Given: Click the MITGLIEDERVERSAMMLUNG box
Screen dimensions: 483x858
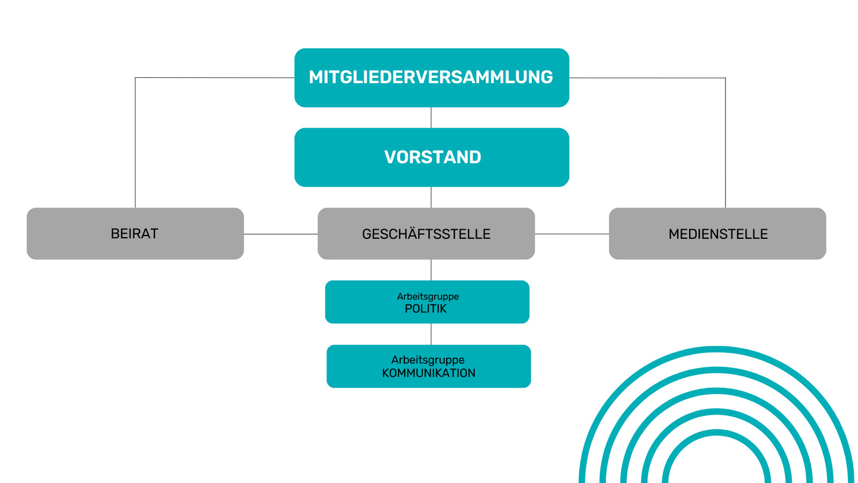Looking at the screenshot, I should pos(432,78).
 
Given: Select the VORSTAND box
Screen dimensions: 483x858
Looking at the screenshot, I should pos(432,157).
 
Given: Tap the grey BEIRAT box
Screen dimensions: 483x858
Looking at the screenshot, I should pos(135,233).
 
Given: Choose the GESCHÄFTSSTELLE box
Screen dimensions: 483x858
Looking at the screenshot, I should pos(426,233).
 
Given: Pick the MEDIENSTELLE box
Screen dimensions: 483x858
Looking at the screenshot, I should pos(718,233).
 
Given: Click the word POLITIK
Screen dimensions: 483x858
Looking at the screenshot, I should pos(426,309).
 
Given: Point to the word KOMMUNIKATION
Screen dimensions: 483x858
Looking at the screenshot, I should pos(428,373).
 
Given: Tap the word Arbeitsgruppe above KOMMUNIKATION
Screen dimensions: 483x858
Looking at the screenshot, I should pos(428,360).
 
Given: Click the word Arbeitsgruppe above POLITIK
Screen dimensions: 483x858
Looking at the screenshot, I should pos(428,296).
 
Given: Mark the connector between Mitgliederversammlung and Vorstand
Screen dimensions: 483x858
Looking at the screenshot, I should pos(431,118).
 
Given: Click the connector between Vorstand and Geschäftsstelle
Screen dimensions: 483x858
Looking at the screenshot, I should pos(431,197).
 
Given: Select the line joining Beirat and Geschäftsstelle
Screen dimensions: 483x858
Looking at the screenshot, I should pos(280,234).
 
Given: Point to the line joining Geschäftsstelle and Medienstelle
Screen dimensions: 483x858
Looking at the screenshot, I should pos(572,234).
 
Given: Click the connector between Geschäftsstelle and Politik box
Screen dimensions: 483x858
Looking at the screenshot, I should pos(431,270).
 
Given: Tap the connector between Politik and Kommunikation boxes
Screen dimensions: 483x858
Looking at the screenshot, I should pos(431,334).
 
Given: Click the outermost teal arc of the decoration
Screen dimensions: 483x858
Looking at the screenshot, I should pos(716,349).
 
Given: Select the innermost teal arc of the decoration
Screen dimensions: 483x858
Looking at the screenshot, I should pos(716,432).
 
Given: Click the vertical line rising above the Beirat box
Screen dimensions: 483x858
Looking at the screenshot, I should pos(135,142).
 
